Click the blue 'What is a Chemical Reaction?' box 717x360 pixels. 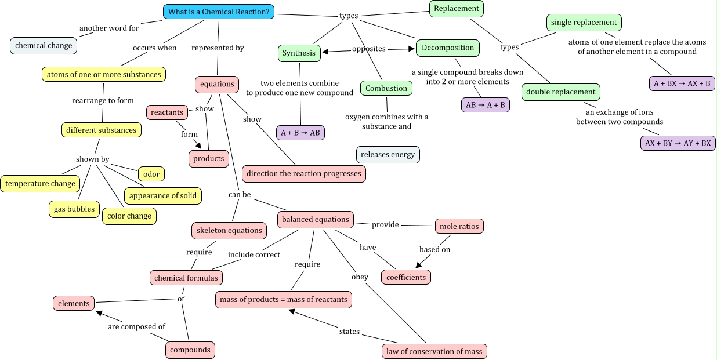pyautogui.click(x=219, y=12)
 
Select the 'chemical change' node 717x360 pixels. pyautogui.click(x=44, y=46)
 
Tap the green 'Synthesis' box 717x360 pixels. pyautogui.click(x=299, y=53)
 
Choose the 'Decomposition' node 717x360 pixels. pyautogui.click(x=448, y=48)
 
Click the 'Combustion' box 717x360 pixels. pyautogui.click(x=386, y=88)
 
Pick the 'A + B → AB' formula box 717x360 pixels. pyautogui.click(x=300, y=133)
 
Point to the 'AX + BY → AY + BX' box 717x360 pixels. pyautogui.click(x=678, y=143)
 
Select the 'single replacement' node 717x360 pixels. pyautogui.click(x=584, y=23)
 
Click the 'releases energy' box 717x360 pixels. pyautogui.click(x=388, y=155)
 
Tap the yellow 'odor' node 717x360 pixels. pyautogui.click(x=151, y=174)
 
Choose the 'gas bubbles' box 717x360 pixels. pyautogui.click(x=74, y=209)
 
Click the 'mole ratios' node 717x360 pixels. pyautogui.click(x=459, y=226)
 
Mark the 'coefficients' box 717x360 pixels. pyautogui.click(x=406, y=277)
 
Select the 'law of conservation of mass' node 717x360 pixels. pyautogui.click(x=434, y=351)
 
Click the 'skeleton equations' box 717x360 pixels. pyautogui.click(x=229, y=231)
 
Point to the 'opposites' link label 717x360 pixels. pyautogui.click(x=369, y=49)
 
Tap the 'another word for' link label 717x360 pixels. pyautogui.click(x=109, y=28)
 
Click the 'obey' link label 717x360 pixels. pyautogui.click(x=360, y=277)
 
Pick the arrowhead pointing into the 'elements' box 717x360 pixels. pyautogui.click(x=99, y=313)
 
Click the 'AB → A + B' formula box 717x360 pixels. pyautogui.click(x=486, y=105)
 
